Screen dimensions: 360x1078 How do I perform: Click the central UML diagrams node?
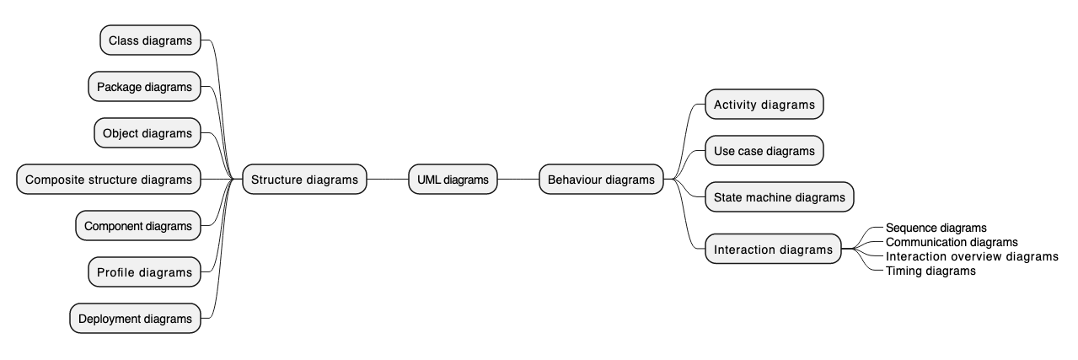tap(453, 180)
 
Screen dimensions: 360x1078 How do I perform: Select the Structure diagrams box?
tap(304, 180)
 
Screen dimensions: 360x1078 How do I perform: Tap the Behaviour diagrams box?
tap(601, 180)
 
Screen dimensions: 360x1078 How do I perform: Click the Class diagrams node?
tap(150, 40)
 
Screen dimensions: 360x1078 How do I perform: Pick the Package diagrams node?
tap(144, 87)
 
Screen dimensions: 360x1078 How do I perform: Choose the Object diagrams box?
tap(147, 133)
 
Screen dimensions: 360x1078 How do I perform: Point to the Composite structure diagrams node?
tap(109, 180)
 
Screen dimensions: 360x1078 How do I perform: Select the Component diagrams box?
tap(138, 226)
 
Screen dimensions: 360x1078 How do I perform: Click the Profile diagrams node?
tap(144, 272)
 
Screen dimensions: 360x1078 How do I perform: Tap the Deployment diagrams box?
tap(135, 319)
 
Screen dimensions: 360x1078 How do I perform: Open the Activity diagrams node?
tap(764, 105)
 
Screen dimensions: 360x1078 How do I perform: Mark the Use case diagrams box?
tap(764, 151)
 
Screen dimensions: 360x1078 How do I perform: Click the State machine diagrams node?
tap(779, 197)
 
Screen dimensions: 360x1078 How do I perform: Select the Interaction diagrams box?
tap(773, 250)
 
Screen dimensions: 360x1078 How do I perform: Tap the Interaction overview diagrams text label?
tap(972, 256)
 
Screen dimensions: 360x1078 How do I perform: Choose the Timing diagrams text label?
tap(931, 271)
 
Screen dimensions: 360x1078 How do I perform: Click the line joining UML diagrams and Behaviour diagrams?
tap(518, 180)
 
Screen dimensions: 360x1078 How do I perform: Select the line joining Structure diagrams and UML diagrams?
tap(388, 180)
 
